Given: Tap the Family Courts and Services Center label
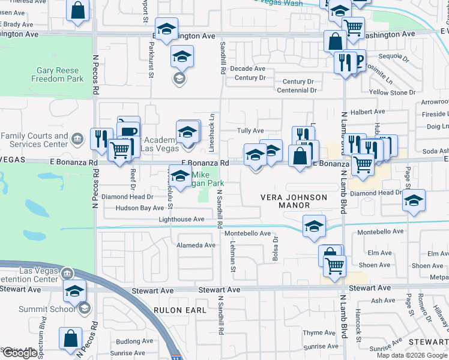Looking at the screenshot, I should tap(35, 140).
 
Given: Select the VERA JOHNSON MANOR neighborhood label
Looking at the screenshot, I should tap(294, 201).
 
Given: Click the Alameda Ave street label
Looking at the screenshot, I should tap(196, 245).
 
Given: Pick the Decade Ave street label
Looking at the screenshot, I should tap(250, 69).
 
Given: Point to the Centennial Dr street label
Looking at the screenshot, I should tap(297, 90).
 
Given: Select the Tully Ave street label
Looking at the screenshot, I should tap(250, 130).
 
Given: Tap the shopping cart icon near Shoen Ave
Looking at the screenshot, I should tap(335, 265).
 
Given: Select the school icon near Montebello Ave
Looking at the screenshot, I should tap(314, 226).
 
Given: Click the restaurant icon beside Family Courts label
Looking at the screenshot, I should tap(101, 139).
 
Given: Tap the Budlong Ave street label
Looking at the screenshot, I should tap(131, 341).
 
